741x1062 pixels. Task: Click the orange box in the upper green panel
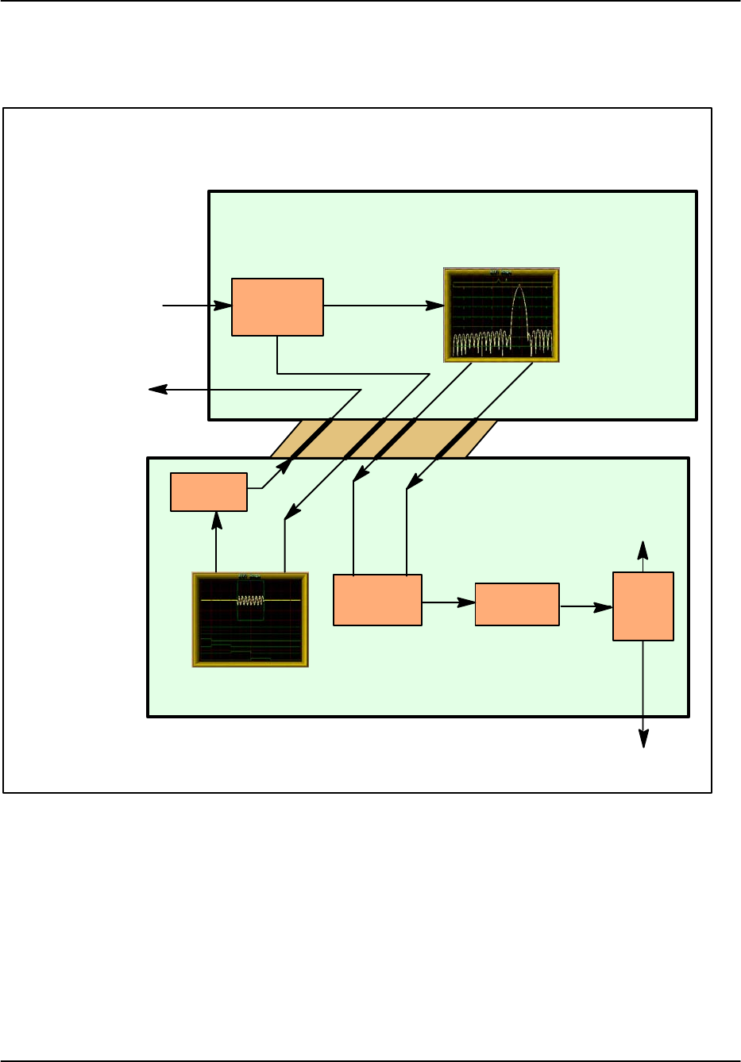pos(277,307)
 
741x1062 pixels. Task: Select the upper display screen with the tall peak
pos(501,315)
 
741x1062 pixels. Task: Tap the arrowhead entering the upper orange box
pos(225,305)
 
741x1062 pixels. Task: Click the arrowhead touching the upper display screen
pos(436,306)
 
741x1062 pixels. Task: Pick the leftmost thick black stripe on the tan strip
pos(311,438)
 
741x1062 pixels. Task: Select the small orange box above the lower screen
pos(209,492)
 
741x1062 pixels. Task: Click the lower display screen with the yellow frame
pos(250,619)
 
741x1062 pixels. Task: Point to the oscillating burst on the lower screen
pos(250,601)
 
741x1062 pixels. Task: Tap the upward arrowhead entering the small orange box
pos(216,518)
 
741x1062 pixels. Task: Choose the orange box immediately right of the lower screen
pos(377,600)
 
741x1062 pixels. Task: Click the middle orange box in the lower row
pos(517,605)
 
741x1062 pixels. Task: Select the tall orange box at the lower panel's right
pos(643,606)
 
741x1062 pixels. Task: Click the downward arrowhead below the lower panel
pos(643,740)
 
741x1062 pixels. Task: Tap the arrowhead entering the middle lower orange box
pos(469,602)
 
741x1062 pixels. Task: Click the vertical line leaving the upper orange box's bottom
pos(277,354)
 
